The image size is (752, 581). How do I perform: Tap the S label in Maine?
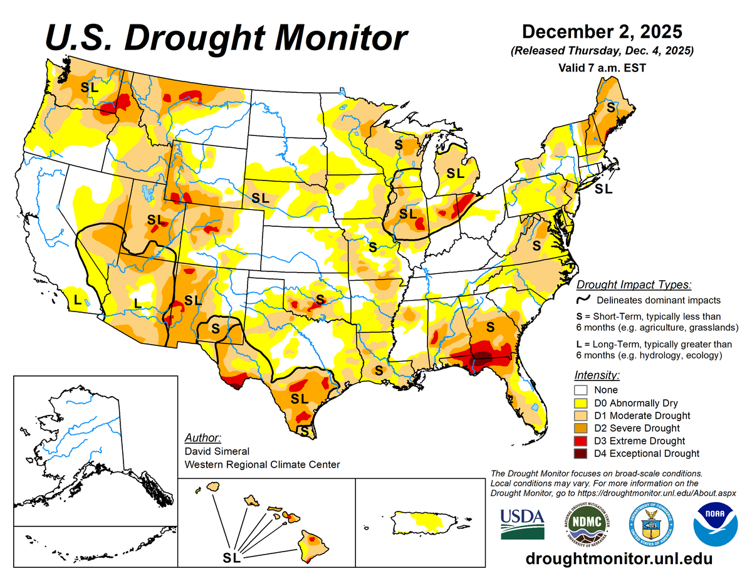tap(610, 108)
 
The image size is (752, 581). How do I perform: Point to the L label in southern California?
tap(78, 300)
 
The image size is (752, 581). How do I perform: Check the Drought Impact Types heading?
tap(634, 285)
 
